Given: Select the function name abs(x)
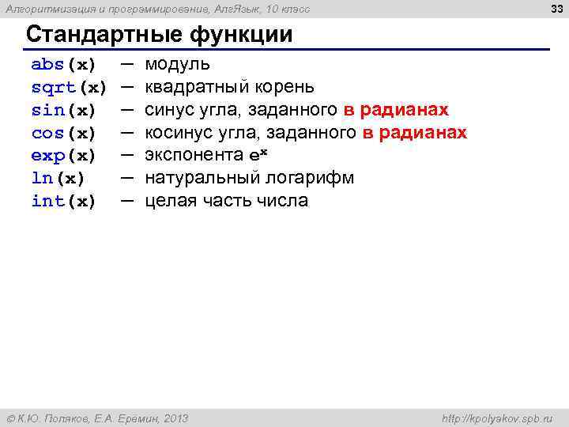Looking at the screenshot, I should coord(63,63).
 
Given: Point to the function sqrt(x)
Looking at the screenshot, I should coord(69,86).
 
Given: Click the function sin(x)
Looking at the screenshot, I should coord(63,109).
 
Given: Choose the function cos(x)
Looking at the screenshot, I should coord(63,132).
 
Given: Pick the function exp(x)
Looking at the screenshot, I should coord(63,155).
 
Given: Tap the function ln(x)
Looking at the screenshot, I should coord(58,178).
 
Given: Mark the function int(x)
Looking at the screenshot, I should coord(63,201).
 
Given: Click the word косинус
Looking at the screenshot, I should coord(179,132).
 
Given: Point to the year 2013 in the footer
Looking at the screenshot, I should coord(173,418).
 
